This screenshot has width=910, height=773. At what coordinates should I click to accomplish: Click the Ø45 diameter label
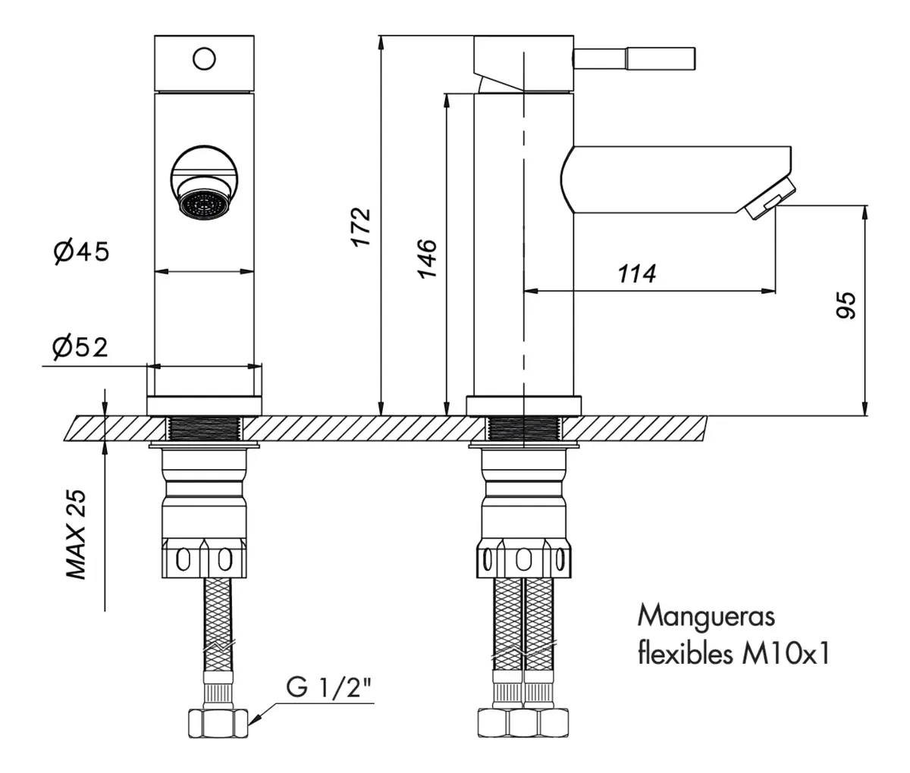pos(82,252)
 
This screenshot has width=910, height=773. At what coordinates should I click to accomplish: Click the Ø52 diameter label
pos(80,348)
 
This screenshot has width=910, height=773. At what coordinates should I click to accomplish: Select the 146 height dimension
pos(428,258)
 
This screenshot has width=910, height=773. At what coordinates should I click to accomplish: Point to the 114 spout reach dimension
pos(636,274)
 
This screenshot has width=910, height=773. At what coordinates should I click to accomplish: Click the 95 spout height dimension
pos(846,305)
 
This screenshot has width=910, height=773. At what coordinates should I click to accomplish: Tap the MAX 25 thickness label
pos(76,534)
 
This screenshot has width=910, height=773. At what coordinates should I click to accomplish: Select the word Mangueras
pos(706,617)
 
